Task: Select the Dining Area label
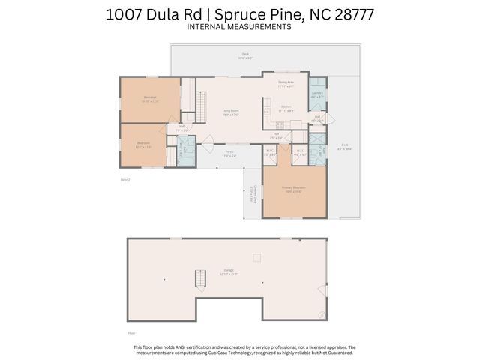[x=286, y=84]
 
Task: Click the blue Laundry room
[x=317, y=94]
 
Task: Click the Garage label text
[x=228, y=271]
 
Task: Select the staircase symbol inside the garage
[x=199, y=280]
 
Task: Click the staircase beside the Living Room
[x=200, y=103]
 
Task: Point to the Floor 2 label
[x=125, y=180]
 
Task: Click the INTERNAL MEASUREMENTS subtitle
[x=239, y=26]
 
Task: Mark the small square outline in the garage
[x=256, y=257]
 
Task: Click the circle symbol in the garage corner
[x=322, y=314]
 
